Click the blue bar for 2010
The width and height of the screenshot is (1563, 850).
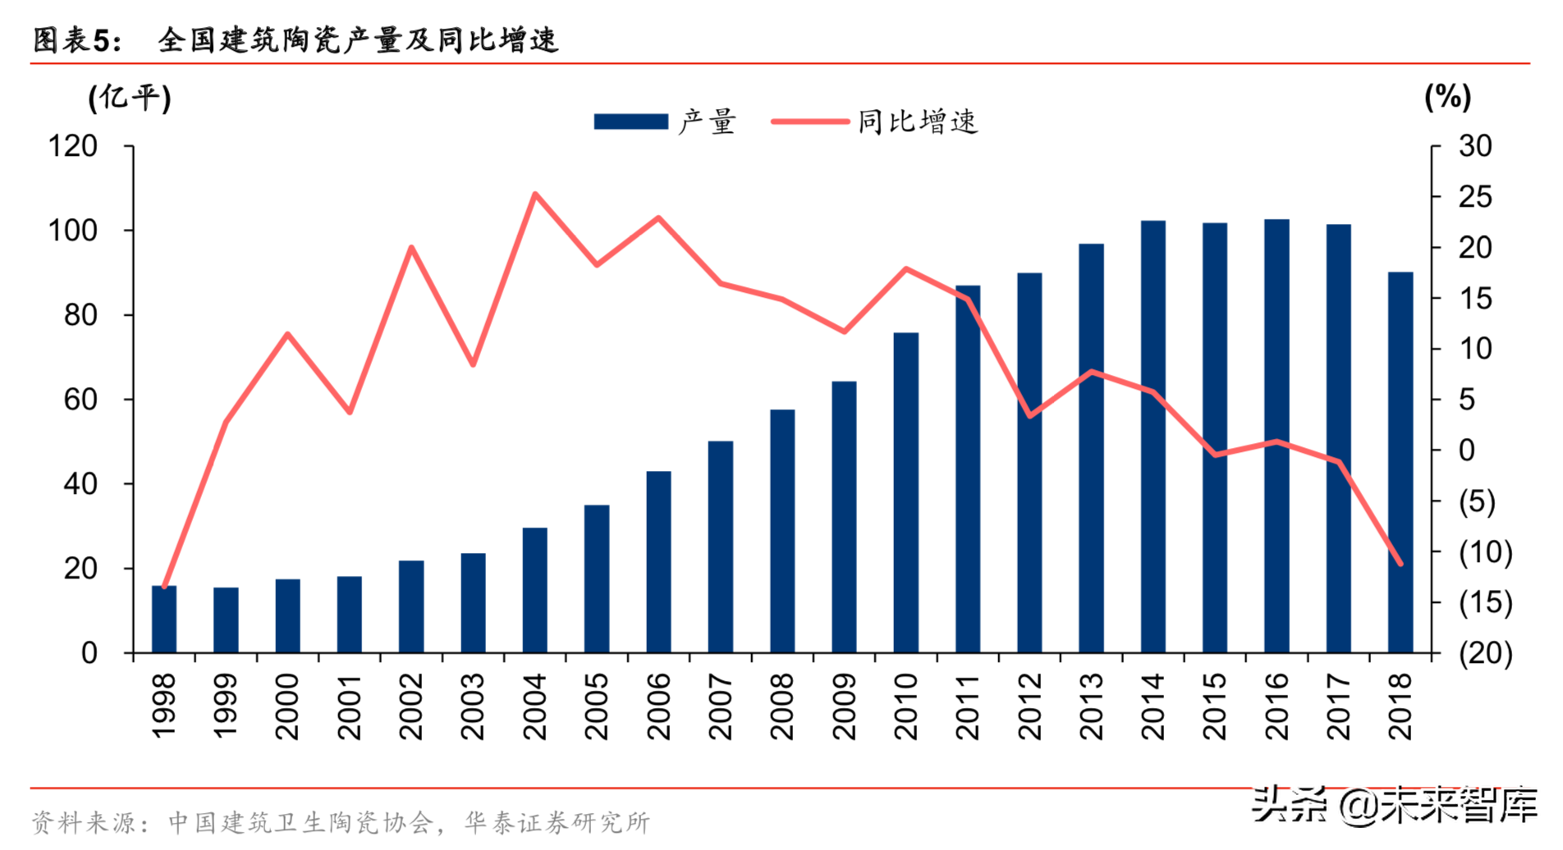click(x=905, y=492)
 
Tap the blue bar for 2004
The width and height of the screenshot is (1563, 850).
click(x=534, y=590)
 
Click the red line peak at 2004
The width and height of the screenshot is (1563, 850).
click(x=534, y=194)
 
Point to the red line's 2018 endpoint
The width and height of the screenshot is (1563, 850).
click(x=1400, y=564)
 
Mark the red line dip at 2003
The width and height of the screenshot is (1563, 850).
click(x=473, y=363)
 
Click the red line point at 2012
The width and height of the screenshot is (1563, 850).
click(x=1029, y=416)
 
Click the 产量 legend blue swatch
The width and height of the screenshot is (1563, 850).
click(x=630, y=121)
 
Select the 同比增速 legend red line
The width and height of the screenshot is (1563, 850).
click(x=809, y=121)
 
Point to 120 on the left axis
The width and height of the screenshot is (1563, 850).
click(x=73, y=146)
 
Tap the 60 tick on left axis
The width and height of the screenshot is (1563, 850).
click(x=80, y=400)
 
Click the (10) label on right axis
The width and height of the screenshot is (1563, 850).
click(x=1485, y=551)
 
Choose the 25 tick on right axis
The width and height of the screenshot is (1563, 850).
click(x=1475, y=197)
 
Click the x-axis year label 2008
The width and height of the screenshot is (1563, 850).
click(x=782, y=706)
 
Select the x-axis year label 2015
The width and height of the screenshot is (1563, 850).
click(x=1215, y=706)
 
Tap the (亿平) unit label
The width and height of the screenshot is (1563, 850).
click(x=130, y=98)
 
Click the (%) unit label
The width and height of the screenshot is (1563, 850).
click(x=1447, y=97)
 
